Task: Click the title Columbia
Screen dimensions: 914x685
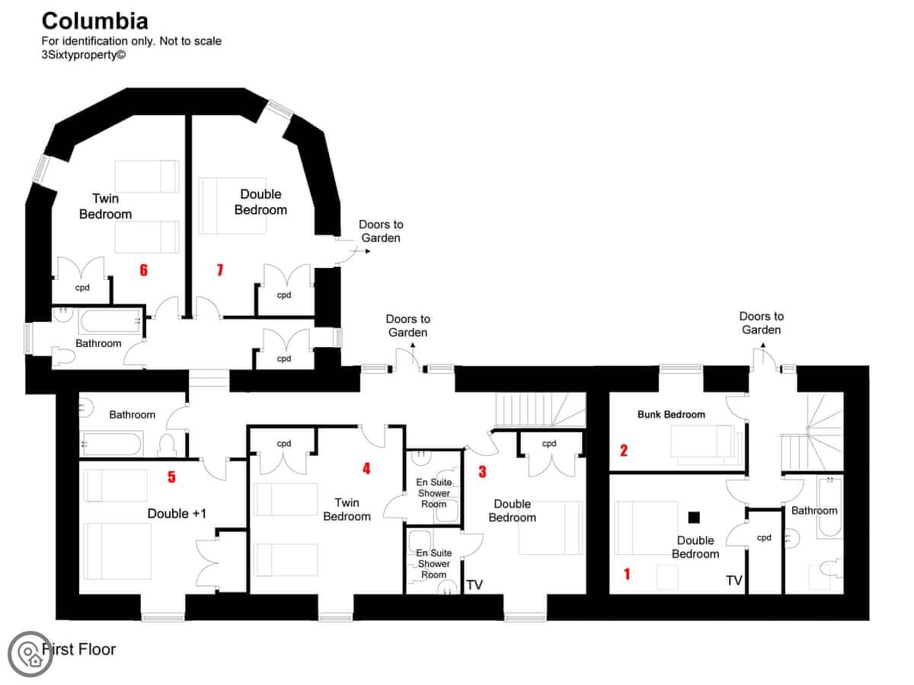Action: [x=95, y=21]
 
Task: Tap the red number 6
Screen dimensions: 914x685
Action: [x=144, y=270]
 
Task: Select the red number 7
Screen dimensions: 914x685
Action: [x=220, y=270]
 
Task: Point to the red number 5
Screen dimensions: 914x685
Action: [x=171, y=476]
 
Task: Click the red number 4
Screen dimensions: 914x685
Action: [x=366, y=469]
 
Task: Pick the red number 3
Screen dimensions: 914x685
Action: [x=482, y=472]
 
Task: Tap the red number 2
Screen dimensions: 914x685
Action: [x=624, y=451]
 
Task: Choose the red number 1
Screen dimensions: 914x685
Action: [x=627, y=574]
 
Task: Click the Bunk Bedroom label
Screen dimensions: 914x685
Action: [x=671, y=414]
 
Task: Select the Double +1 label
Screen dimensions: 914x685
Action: [x=177, y=513]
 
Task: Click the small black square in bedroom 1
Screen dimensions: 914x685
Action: [x=694, y=518]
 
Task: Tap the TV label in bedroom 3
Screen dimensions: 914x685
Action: [x=475, y=585]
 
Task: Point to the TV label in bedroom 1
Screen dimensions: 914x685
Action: [x=734, y=580]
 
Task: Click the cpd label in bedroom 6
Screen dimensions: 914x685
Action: [x=82, y=288]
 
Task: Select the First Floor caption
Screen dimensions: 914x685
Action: [x=79, y=649]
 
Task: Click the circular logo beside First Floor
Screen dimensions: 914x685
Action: [x=30, y=654]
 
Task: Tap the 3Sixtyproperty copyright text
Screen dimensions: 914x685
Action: [x=84, y=55]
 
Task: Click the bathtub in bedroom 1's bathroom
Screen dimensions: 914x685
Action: [x=829, y=508]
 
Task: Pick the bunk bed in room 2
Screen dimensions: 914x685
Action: [x=706, y=444]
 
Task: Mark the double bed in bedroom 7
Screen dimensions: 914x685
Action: [x=232, y=205]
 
